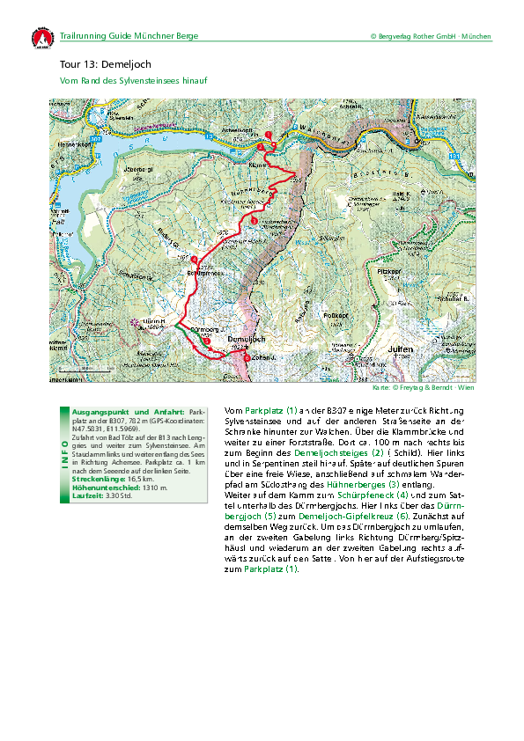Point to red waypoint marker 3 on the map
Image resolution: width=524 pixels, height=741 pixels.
(254, 220)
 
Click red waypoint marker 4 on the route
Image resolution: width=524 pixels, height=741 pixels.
(194, 260)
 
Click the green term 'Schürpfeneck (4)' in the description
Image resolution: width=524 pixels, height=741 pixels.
(345, 495)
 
